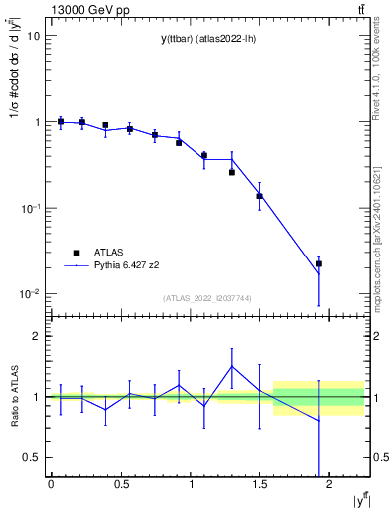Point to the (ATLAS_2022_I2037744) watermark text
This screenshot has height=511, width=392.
(x=206, y=298)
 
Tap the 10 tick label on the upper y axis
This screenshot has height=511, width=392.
(x=33, y=36)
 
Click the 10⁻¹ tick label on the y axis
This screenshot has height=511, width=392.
(x=30, y=208)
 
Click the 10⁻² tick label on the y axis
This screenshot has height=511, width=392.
(x=30, y=294)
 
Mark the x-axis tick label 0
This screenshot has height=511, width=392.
(x=51, y=483)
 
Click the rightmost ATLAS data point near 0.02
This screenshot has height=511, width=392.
(x=319, y=264)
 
